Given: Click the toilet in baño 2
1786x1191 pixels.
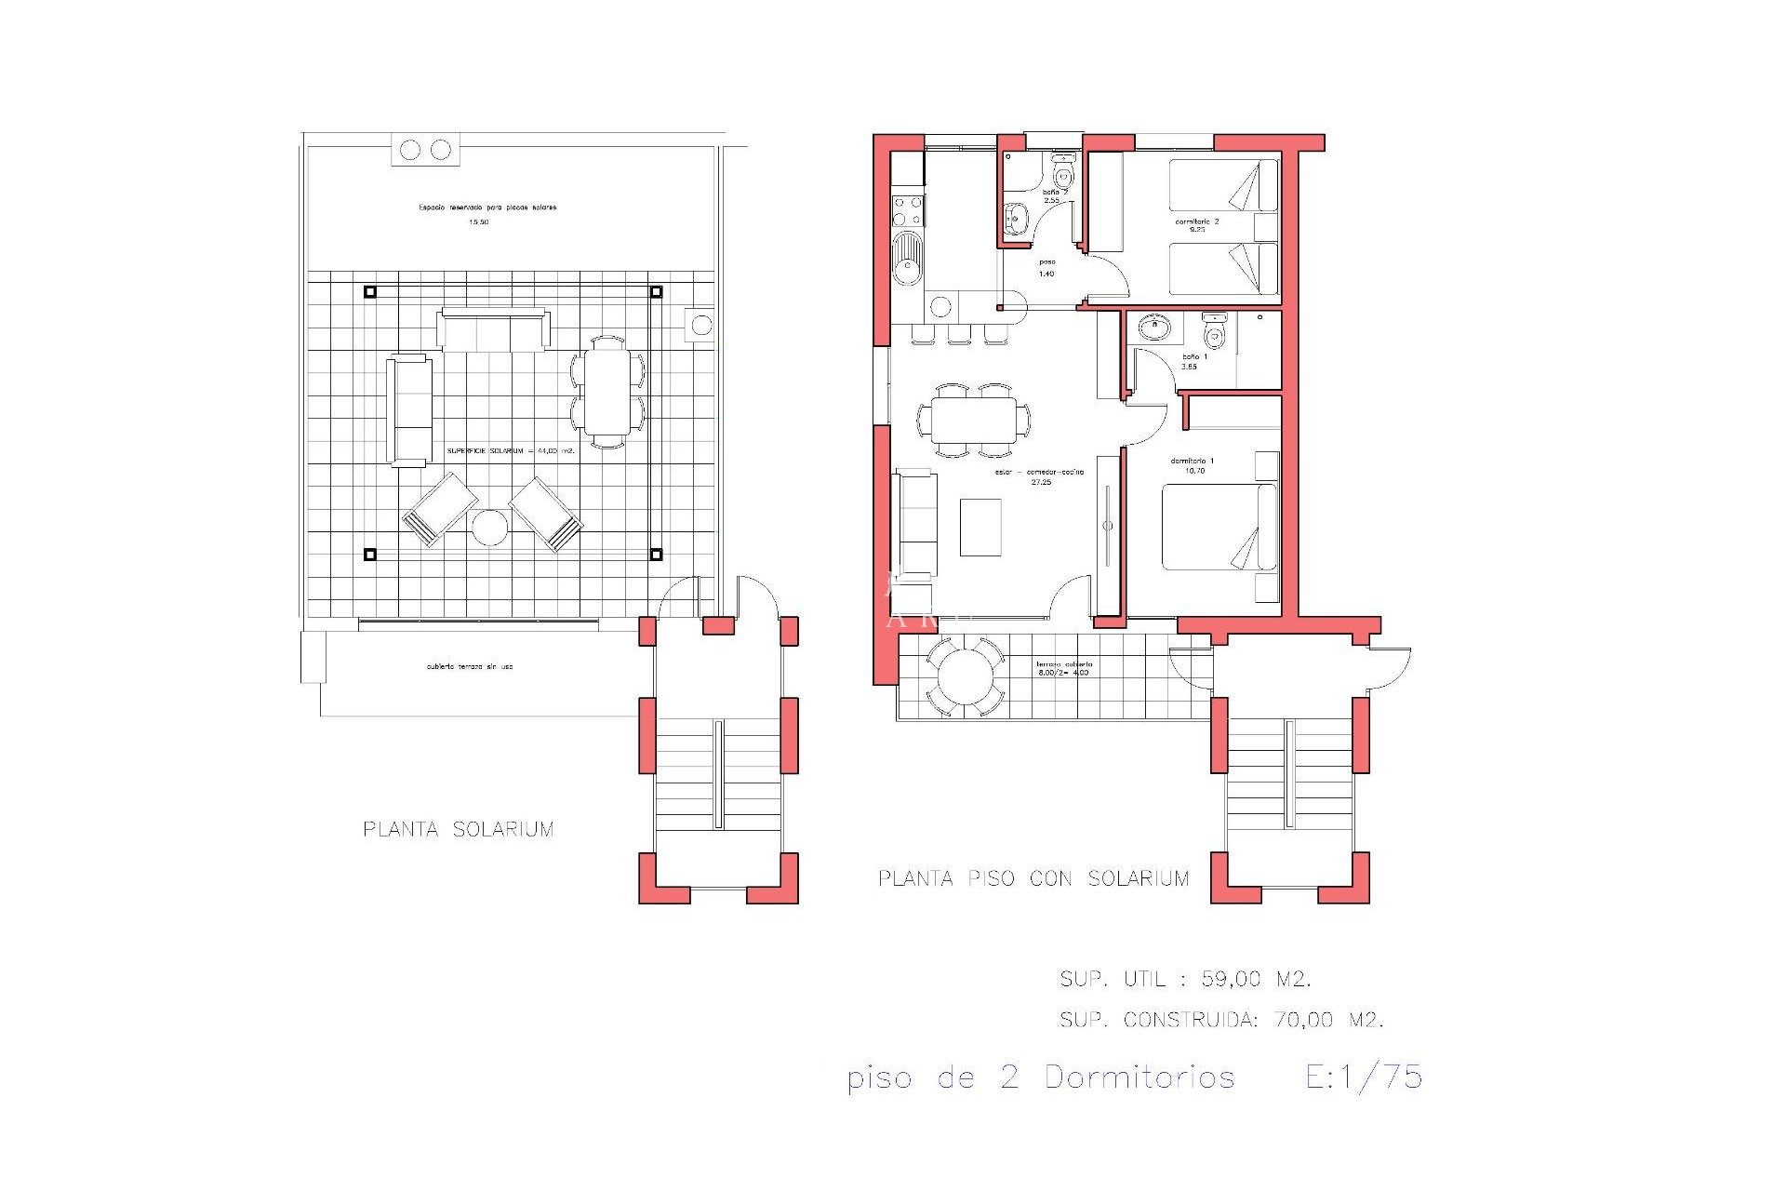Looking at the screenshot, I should [x=1063, y=174].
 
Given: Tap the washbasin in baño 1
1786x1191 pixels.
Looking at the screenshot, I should [x=1154, y=327].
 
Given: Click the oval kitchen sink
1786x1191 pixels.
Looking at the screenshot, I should [x=907, y=258].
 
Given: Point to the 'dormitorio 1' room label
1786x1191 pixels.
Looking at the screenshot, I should [x=1192, y=461].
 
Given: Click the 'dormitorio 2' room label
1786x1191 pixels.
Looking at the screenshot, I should [x=1196, y=221].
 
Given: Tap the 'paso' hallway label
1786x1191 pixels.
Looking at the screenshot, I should [x=1046, y=262].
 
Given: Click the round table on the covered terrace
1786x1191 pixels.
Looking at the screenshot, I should [x=965, y=676].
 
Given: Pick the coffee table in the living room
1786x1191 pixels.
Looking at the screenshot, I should [x=980, y=528].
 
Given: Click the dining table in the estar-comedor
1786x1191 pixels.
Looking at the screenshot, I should [x=974, y=420].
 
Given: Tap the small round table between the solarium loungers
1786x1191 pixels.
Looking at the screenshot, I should [x=489, y=528].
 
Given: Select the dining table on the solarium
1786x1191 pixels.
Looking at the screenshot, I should [x=606, y=392].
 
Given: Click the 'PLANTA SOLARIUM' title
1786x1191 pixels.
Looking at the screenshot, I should [x=459, y=829].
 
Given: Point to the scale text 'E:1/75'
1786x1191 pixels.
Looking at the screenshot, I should [x=1364, y=1077].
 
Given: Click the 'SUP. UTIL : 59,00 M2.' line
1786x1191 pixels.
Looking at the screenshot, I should [x=1185, y=979].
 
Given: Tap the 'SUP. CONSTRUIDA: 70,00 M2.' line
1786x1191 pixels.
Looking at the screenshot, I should [x=1221, y=1020].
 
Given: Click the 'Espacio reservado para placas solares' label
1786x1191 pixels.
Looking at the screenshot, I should [x=487, y=207].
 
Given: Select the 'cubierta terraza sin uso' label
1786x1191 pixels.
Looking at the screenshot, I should [x=470, y=667].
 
